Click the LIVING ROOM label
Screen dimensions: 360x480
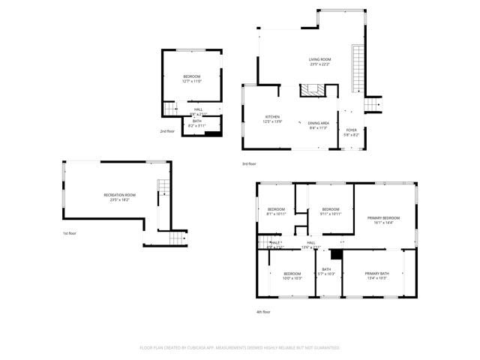coord(319,59)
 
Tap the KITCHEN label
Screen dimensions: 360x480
coord(272,117)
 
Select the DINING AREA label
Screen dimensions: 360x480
coord(319,123)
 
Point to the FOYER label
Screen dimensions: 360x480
coord(352,130)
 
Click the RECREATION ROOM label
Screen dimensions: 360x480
coord(119,195)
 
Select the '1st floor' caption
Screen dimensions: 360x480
coord(69,233)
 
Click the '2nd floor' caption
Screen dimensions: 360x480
coord(166,131)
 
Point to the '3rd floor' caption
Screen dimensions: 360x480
coord(249,163)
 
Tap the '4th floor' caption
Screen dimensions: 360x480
coord(263,311)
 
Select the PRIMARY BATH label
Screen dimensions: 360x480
coord(376,274)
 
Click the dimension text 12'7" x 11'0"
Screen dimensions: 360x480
coord(192,82)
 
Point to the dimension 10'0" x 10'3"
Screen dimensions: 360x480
coord(292,278)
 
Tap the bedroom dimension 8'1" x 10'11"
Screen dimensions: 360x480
coord(276,214)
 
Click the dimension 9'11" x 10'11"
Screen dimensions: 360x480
coord(331,214)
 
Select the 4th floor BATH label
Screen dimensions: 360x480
coord(326,269)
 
